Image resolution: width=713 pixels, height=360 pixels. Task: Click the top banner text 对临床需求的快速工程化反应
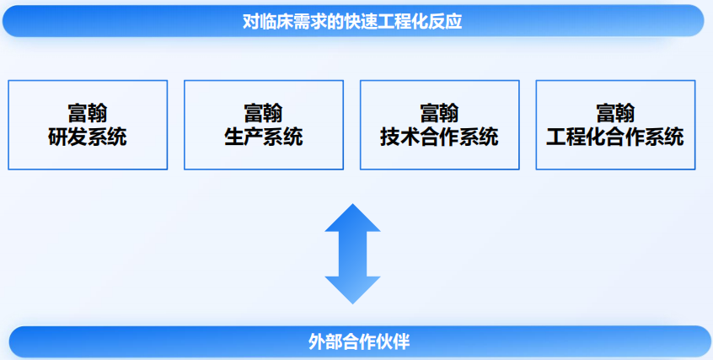pyautogui.click(x=352, y=21)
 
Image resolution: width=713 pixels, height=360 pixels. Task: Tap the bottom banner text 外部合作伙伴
pyautogui.click(x=359, y=341)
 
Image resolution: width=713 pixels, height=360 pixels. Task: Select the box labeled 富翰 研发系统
pyautogui.click(x=88, y=125)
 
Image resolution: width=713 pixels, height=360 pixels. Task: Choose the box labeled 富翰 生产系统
pyautogui.click(x=264, y=125)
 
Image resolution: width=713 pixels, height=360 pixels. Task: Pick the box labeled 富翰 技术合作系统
pyautogui.click(x=440, y=125)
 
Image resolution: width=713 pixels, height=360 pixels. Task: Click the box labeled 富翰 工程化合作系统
pyautogui.click(x=616, y=125)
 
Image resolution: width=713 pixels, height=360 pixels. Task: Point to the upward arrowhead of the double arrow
pyautogui.click(x=352, y=218)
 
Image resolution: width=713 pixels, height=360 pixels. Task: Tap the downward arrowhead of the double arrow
pyautogui.click(x=352, y=290)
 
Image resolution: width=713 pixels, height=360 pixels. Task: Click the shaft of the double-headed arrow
pyautogui.click(x=352, y=254)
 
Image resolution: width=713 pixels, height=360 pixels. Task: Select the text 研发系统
pyautogui.click(x=88, y=137)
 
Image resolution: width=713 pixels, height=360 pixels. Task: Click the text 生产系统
pyautogui.click(x=264, y=137)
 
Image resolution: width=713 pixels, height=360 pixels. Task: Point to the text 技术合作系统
pyautogui.click(x=440, y=137)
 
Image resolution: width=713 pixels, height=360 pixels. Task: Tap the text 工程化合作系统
pyautogui.click(x=616, y=137)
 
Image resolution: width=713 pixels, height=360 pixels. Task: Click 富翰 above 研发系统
pyautogui.click(x=88, y=113)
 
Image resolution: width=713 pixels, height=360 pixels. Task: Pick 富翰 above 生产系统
pyautogui.click(x=264, y=113)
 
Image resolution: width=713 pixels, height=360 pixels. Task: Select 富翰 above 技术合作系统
pyautogui.click(x=440, y=113)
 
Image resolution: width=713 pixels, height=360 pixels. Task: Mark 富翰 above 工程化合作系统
pyautogui.click(x=616, y=113)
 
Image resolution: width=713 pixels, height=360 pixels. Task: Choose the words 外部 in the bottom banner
pyautogui.click(x=324, y=341)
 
